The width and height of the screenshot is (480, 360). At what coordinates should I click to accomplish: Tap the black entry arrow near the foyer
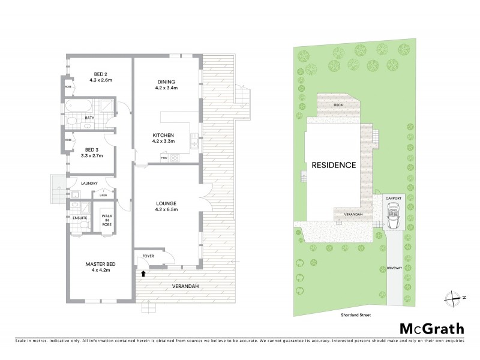[143, 274]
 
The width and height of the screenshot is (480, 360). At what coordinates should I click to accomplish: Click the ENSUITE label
[79, 218]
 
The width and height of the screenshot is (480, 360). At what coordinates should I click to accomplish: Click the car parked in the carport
[394, 215]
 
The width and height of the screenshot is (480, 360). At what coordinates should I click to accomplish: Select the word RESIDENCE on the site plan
[334, 165]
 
